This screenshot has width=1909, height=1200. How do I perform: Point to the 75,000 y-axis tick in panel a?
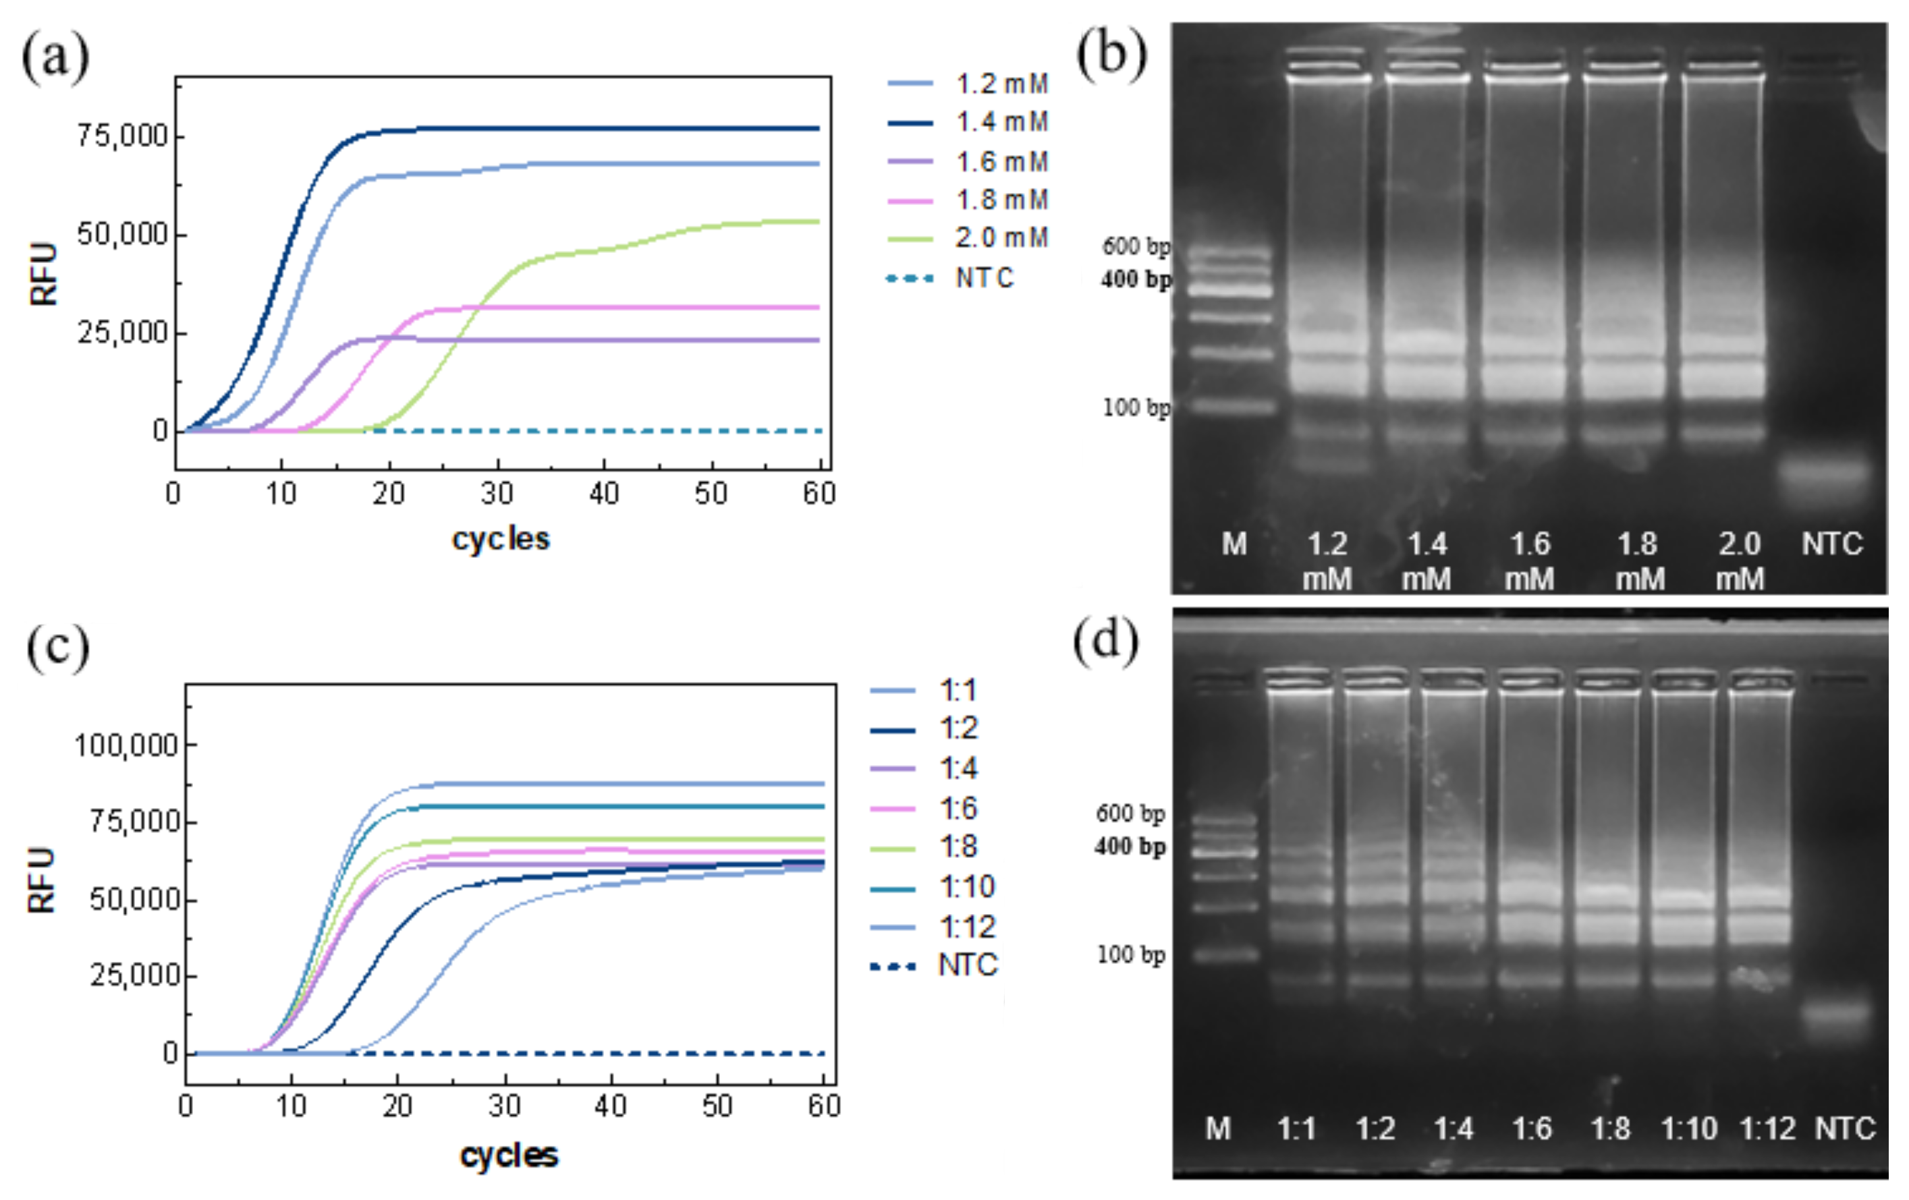point(122,136)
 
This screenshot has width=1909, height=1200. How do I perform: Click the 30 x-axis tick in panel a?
point(497,494)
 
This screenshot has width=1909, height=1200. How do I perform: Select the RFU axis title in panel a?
point(44,273)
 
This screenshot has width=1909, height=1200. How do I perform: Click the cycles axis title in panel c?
point(509,1155)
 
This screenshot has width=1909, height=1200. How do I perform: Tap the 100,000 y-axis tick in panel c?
point(126,746)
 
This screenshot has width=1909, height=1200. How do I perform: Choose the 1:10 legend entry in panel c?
point(966,886)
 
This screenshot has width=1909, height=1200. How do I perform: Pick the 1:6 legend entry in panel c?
point(958,809)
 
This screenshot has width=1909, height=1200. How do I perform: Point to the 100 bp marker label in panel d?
point(1130,954)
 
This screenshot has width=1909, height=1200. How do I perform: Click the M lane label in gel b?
point(1234,544)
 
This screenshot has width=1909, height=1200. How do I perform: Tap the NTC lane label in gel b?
point(1831,544)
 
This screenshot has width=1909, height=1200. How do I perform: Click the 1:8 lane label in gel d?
point(1609,1128)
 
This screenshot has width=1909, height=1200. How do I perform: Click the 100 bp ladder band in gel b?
point(1234,407)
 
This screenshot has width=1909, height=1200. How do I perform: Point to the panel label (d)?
point(1106,640)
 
